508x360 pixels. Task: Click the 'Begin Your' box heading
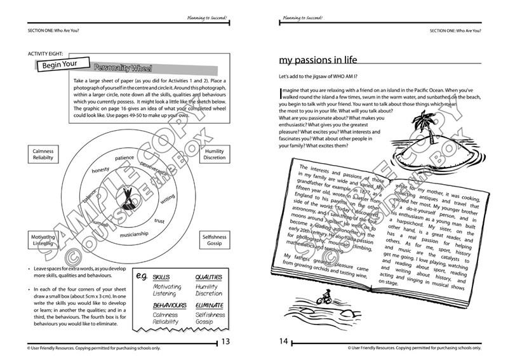coord(61,64)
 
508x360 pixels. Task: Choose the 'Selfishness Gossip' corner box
coord(214,240)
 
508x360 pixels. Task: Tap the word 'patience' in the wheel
coord(124,157)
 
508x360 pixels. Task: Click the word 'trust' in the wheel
coord(159,221)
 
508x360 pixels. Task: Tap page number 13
coord(224,342)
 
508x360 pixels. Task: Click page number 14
coord(284,342)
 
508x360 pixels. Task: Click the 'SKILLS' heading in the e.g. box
coord(161,277)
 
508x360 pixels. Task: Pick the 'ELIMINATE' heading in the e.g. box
coord(210,305)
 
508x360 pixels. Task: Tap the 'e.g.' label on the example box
coord(143,277)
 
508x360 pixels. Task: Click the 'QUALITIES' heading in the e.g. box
coord(208,277)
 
